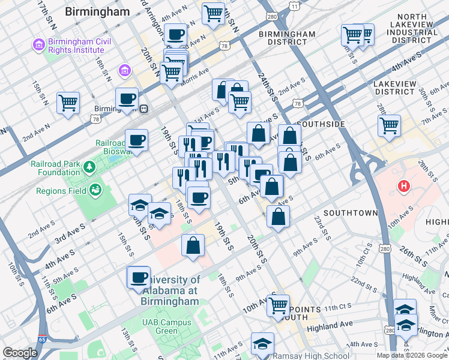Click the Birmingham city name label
(x=97, y=11)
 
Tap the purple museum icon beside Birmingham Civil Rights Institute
(x=39, y=45)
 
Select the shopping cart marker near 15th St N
(x=68, y=102)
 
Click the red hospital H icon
(x=404, y=187)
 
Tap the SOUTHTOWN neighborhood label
(x=351, y=213)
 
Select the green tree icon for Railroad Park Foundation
(x=89, y=165)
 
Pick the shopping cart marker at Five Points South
(x=278, y=305)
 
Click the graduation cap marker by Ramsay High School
(x=262, y=343)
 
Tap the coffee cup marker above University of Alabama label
(x=139, y=277)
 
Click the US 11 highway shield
(x=294, y=5)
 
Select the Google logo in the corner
(x=20, y=353)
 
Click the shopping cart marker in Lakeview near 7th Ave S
(x=389, y=125)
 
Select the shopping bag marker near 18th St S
(x=193, y=245)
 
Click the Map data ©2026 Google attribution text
(x=411, y=355)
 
